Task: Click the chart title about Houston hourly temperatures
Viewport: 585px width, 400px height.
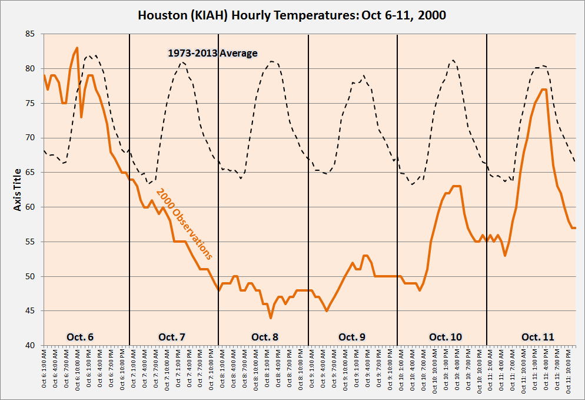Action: [x=292, y=15]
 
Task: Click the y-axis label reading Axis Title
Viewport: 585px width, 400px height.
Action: [x=18, y=190]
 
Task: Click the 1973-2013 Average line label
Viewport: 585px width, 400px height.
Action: [x=212, y=53]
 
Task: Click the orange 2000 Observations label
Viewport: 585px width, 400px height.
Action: [x=184, y=224]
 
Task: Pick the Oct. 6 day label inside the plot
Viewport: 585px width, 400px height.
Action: [x=79, y=337]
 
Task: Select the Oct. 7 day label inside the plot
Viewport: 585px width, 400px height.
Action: [x=172, y=337]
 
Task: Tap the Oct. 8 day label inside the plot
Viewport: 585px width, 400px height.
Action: [x=265, y=337]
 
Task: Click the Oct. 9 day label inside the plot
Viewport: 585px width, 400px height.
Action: [x=352, y=337]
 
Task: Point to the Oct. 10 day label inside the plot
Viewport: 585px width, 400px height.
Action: [x=446, y=337]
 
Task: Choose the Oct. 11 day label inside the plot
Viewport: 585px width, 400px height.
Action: [x=537, y=337]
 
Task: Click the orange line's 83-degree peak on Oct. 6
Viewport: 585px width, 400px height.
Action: [x=77, y=48]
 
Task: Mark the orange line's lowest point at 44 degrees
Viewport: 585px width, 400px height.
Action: [x=271, y=318]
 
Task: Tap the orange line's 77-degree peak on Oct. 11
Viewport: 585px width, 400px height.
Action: [x=544, y=90]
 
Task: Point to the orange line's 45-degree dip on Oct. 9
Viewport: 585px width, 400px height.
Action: [x=327, y=310]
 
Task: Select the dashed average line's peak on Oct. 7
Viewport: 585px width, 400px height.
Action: [x=182, y=62]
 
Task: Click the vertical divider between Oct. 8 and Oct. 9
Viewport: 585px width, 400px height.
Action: [x=308, y=189]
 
